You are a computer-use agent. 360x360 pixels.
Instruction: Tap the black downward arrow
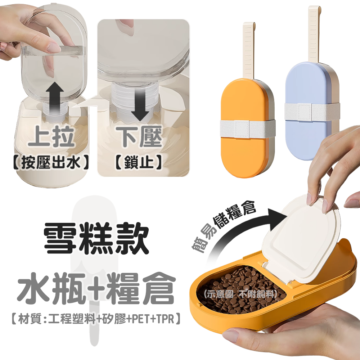[140, 103]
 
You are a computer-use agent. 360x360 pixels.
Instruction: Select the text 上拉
[51, 136]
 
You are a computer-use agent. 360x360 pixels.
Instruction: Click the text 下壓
[139, 136]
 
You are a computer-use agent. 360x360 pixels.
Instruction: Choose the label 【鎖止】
[139, 162]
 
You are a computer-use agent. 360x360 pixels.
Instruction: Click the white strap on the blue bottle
[312, 112]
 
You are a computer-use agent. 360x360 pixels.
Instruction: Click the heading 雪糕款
[96, 239]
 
